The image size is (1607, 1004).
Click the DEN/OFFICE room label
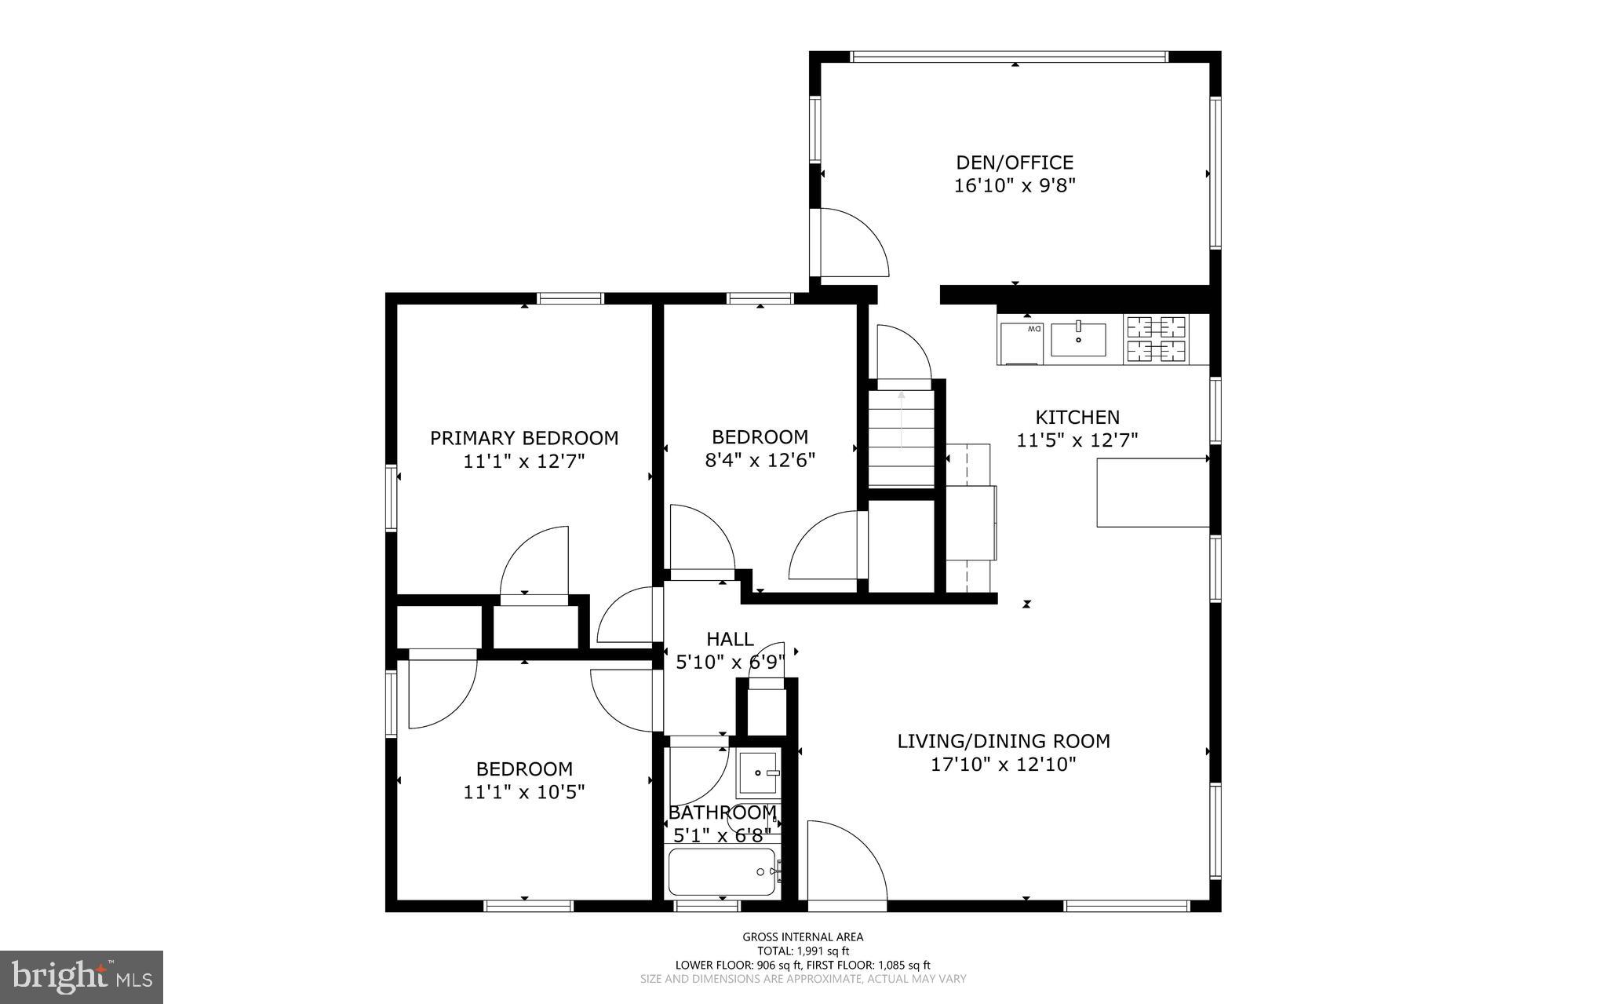(1014, 162)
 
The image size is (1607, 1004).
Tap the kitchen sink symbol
(1078, 340)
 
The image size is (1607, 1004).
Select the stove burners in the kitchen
(1157, 338)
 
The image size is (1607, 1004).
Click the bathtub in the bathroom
(722, 872)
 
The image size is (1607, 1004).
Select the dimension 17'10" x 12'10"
(1003, 765)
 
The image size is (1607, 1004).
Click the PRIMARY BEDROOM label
(524, 438)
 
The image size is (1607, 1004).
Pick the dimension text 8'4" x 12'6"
(760, 460)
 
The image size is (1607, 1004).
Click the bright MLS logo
(82, 977)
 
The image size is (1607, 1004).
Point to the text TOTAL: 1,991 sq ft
(803, 951)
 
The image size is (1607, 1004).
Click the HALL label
(730, 639)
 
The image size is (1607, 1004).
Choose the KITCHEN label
(1077, 418)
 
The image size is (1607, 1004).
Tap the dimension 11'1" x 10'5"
(524, 792)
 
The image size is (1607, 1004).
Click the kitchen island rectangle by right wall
(1152, 493)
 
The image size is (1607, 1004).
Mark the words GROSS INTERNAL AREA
(803, 936)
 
